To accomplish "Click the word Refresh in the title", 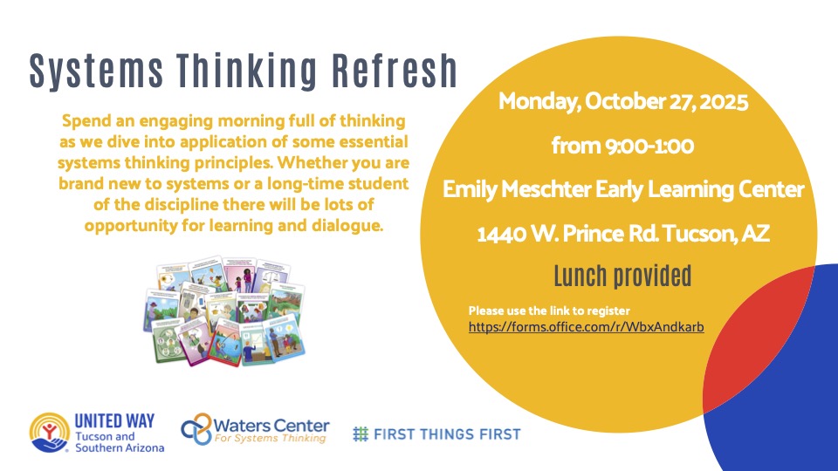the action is [x=395, y=70].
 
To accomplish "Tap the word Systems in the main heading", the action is [x=96, y=72].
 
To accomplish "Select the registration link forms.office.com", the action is [x=587, y=327].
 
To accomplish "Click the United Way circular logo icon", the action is [x=50, y=433].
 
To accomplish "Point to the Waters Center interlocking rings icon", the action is [x=196, y=429].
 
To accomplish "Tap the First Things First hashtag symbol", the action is [x=361, y=434].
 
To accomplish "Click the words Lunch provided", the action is [x=622, y=276].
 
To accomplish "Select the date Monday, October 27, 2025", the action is [x=623, y=101].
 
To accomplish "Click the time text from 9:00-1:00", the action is [x=622, y=146].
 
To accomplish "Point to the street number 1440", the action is [x=501, y=235].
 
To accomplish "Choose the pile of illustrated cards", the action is [x=224, y=311].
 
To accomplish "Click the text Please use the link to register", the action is [x=549, y=311].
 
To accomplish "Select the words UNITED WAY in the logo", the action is [x=114, y=421].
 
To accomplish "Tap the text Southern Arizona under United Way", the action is [x=120, y=448].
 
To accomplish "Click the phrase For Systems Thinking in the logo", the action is [x=270, y=439].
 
